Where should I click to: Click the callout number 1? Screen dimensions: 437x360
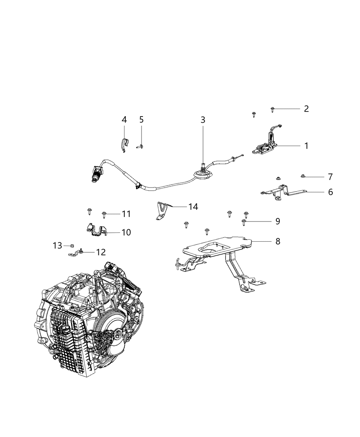pos(306,146)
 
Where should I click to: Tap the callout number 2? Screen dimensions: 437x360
pos(306,109)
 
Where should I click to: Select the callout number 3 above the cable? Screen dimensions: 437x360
pos(203,120)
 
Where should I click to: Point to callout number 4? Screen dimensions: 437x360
pos(124,120)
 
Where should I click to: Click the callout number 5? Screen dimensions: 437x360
pos(141,120)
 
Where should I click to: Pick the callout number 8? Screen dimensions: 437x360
pos(278,241)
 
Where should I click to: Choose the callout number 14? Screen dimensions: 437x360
pos(193,207)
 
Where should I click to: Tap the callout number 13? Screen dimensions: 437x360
pos(57,245)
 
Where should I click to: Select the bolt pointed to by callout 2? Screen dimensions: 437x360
pos(272,109)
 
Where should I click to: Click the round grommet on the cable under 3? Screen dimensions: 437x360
pos(202,174)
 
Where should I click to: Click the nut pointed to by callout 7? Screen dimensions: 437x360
pos(303,177)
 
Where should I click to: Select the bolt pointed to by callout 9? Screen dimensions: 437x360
pos(244,222)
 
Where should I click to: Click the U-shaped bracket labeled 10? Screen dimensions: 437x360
pos(96,230)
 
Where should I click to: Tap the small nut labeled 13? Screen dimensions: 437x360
pos(71,245)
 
